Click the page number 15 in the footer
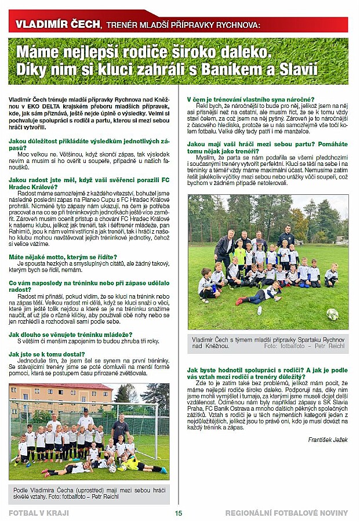click(179, 513)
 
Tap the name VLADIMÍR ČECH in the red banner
click(56, 24)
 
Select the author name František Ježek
click(328, 440)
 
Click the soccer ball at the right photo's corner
click(332, 314)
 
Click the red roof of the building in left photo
click(58, 386)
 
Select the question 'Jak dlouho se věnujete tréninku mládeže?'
click(70, 335)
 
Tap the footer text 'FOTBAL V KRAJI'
click(38, 513)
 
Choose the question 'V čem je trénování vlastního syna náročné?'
click(250, 100)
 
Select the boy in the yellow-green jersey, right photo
click(239, 255)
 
